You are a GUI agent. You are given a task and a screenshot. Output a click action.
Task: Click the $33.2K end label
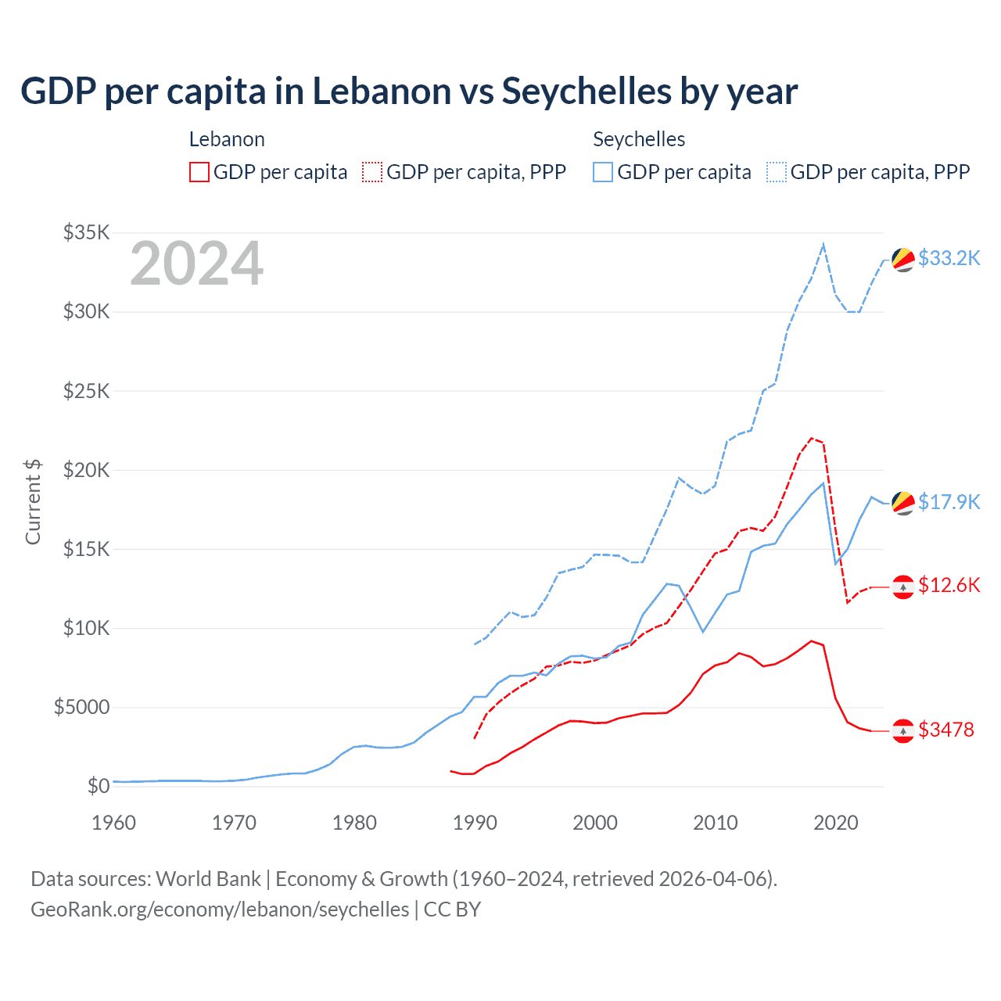[949, 258]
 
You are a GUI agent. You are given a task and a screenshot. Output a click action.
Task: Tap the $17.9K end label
[949, 502]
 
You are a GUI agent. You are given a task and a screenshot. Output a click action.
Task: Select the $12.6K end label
[949, 585]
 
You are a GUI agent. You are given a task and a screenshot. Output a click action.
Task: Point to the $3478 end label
[945, 730]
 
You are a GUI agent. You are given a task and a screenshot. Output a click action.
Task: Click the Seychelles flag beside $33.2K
[903, 260]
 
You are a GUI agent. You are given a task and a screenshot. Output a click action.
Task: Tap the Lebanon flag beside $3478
[903, 730]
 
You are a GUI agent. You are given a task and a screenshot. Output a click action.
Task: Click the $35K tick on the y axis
[87, 232]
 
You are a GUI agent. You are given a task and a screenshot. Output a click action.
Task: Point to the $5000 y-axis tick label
[81, 708]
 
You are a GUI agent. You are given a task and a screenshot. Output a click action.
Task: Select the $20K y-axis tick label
[87, 470]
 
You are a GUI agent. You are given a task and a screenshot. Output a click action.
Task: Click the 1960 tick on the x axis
[114, 823]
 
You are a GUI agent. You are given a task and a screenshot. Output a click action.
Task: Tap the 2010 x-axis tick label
[716, 823]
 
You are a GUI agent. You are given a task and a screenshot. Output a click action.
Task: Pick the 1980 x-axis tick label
[355, 823]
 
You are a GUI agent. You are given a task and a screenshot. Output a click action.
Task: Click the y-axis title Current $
[33, 502]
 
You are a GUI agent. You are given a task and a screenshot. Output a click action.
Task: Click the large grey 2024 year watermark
[196, 264]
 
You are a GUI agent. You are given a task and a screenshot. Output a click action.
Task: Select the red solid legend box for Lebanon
[199, 172]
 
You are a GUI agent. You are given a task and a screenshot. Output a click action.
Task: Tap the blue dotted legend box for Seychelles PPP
[777, 172]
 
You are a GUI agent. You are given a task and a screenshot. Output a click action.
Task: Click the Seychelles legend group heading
[639, 139]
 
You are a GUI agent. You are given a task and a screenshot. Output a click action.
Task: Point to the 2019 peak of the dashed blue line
[823, 244]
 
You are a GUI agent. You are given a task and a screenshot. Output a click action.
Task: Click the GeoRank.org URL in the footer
[220, 910]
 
